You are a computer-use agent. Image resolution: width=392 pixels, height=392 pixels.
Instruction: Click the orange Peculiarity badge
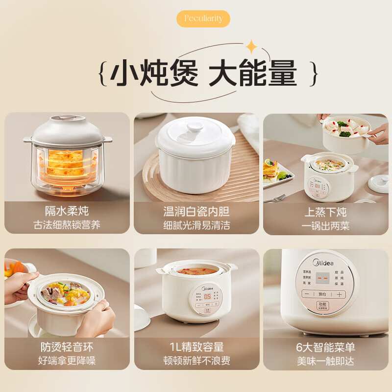tap(203, 19)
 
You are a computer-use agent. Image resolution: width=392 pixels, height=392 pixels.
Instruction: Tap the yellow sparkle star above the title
tap(252, 47)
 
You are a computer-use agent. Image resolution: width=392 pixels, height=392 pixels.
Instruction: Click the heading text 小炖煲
tap(154, 74)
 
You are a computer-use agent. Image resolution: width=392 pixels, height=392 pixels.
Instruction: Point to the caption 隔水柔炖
tap(67, 211)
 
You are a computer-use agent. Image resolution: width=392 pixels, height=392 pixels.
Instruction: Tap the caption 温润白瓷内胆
tap(196, 211)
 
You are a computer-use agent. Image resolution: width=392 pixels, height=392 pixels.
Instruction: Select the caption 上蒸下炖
tap(325, 211)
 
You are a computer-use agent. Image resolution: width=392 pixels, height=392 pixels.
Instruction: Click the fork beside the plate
tap(274, 198)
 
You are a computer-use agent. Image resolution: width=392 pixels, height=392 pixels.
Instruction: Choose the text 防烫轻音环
tap(67, 347)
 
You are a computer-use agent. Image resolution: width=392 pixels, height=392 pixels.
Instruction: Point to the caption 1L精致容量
tap(196, 347)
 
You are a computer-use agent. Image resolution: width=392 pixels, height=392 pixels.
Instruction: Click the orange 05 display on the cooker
tap(208, 296)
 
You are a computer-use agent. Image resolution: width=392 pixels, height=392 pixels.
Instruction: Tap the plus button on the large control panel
tap(339, 294)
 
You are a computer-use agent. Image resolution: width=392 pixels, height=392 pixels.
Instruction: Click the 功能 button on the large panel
tap(321, 304)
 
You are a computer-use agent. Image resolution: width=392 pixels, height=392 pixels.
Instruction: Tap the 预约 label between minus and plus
tap(322, 294)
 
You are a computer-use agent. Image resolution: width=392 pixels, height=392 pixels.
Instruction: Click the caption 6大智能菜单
tap(325, 347)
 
